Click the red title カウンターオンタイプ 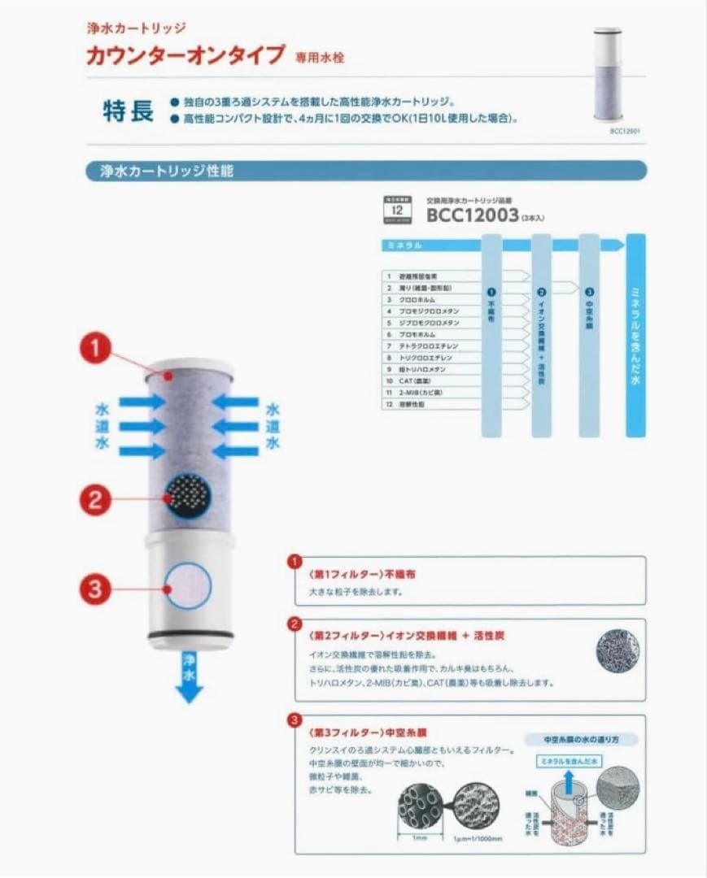point(185,56)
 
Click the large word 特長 point(128,111)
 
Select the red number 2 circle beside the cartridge point(96,499)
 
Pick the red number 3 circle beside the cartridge point(96,588)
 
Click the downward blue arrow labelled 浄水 point(190,679)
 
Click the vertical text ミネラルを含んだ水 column point(635,333)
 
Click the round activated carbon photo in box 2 point(618,654)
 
